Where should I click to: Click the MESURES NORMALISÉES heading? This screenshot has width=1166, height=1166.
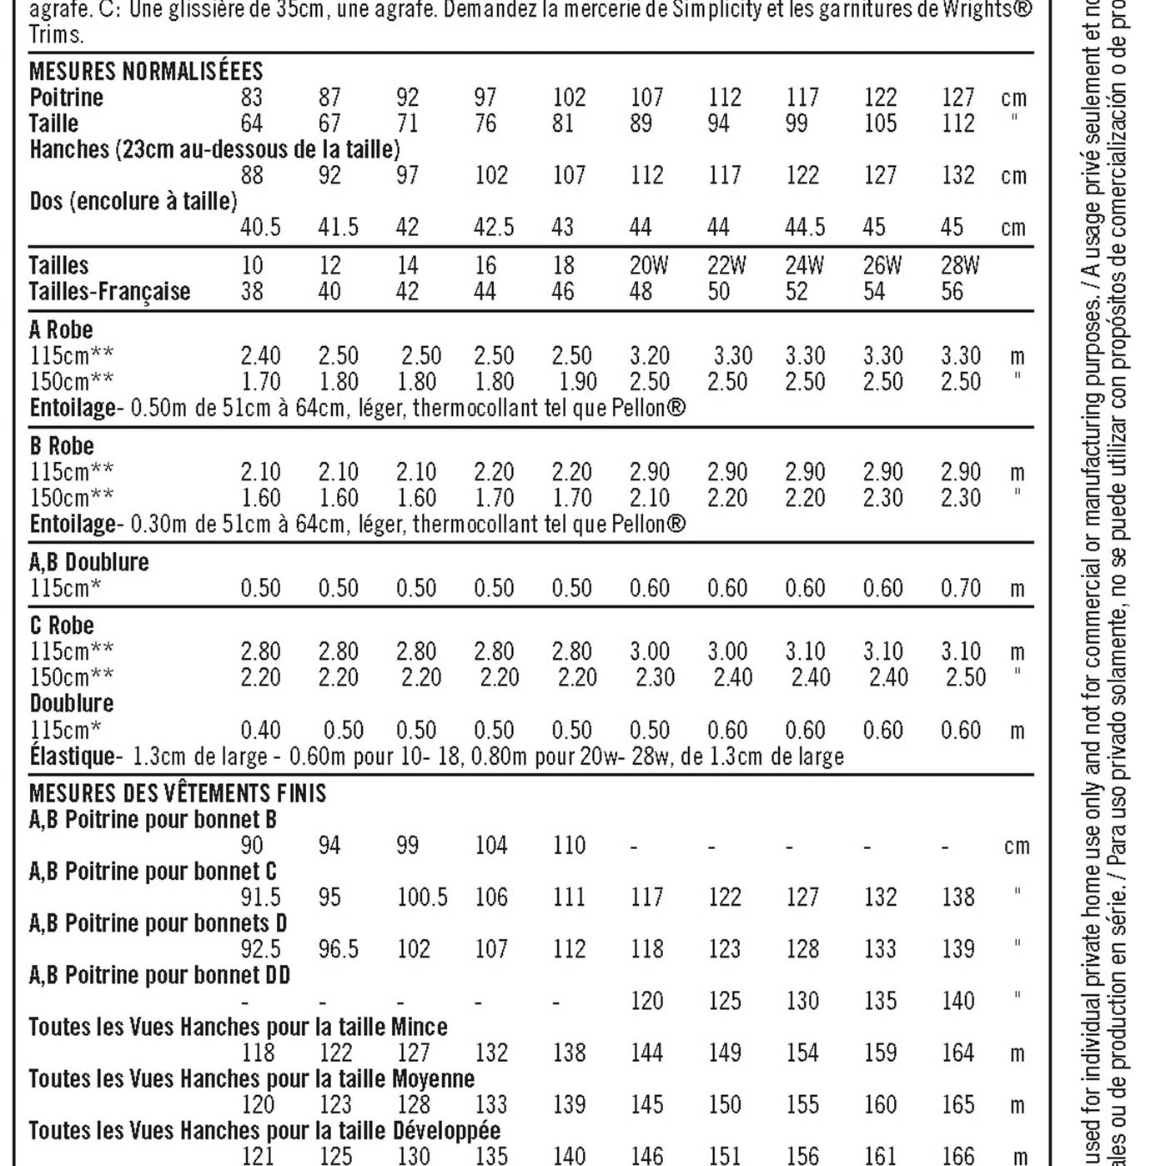coord(146,71)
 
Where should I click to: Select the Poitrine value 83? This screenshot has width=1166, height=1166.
coord(251,98)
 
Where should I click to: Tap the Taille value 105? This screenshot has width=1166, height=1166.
coord(880,123)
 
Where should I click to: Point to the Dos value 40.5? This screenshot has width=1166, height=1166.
coord(260,227)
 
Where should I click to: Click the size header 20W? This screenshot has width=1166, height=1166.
coord(649,265)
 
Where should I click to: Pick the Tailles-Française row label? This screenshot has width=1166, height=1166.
coord(109,292)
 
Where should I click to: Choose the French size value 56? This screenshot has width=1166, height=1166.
coord(952,292)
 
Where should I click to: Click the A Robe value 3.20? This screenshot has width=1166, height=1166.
coord(649,356)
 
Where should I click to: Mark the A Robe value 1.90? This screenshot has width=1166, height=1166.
coord(577,382)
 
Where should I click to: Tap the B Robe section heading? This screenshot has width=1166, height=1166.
coord(62,445)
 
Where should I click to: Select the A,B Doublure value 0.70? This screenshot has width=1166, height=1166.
coord(961,588)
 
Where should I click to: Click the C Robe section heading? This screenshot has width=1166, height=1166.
coord(62,626)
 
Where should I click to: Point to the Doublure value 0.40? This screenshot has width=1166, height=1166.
coord(260,731)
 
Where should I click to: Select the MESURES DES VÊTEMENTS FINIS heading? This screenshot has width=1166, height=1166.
coord(178,792)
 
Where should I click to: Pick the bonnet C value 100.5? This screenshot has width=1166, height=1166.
coord(422,897)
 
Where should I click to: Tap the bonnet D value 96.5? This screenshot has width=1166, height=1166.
coord(339,949)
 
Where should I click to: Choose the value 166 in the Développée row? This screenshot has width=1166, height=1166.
coord(957,1156)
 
